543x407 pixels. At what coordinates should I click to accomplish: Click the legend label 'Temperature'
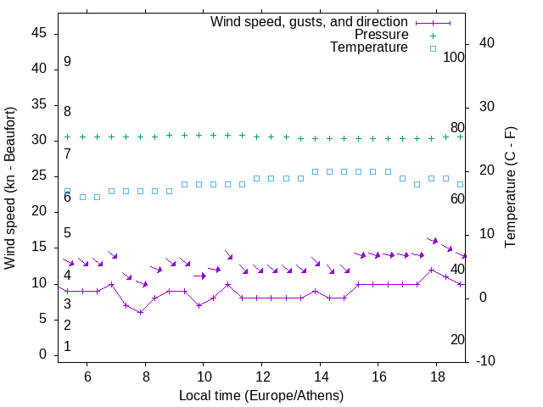point(369,48)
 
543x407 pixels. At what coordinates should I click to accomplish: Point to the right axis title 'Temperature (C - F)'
point(510,188)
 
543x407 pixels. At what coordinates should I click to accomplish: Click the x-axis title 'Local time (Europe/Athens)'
point(262,395)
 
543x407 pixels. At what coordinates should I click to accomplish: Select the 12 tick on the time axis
point(262,376)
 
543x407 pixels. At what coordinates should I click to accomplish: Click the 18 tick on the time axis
point(437,376)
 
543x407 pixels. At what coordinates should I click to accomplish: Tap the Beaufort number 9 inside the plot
point(67,62)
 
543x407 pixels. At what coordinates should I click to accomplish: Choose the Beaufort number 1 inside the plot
point(67,347)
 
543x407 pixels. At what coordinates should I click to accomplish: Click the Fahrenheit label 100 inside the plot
point(454,57)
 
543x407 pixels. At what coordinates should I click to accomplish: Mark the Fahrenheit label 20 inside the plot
point(457,340)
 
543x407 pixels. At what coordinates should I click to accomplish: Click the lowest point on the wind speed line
point(141,312)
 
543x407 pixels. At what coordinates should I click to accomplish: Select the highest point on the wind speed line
point(432,270)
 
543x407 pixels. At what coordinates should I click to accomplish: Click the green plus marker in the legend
point(432,35)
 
